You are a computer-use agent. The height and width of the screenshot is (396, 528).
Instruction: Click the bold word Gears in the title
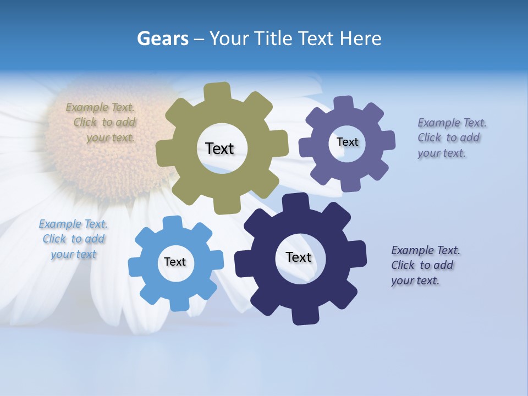pos(163,38)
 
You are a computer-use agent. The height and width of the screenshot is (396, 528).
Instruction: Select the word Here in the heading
pos(360,38)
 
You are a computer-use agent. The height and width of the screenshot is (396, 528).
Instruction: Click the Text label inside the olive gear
pos(219,148)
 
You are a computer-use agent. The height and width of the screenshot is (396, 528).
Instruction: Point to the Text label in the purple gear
pos(347,142)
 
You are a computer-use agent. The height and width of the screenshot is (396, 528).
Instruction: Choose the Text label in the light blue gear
pos(175,262)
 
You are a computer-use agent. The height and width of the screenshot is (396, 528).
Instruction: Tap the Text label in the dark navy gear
pos(299,257)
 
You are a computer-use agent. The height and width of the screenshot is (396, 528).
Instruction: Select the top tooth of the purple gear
pos(343,103)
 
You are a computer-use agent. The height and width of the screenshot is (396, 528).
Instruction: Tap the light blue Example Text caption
pos(73,239)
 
